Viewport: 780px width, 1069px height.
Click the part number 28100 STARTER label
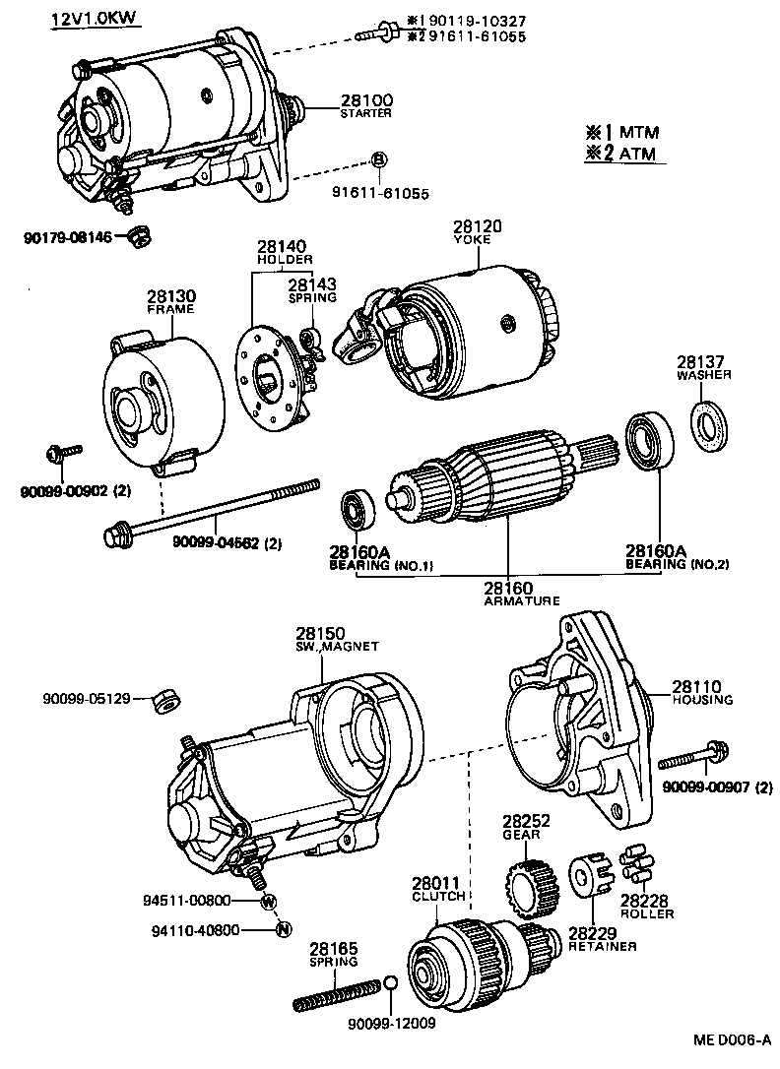point(366,105)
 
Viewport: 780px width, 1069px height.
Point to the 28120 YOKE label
point(478,231)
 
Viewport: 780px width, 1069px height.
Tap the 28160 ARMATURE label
point(507,594)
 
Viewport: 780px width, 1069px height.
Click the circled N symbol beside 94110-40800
point(282,929)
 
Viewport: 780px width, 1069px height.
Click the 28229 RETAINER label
point(602,939)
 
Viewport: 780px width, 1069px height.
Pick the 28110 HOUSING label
point(702,692)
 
